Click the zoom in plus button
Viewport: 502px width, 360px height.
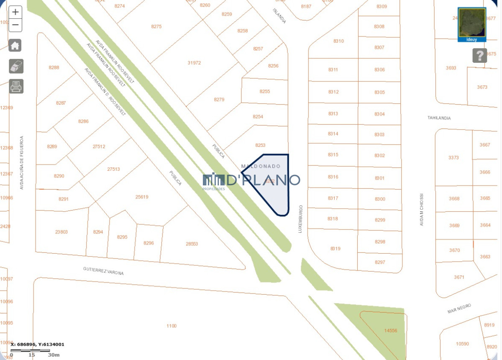[15, 12]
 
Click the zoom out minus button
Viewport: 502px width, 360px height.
[15, 25]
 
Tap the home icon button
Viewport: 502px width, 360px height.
[15, 45]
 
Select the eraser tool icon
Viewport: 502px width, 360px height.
[16, 66]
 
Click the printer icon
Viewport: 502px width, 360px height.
[16, 86]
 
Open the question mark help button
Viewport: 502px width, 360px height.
[479, 55]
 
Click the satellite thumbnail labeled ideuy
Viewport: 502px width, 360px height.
[472, 24]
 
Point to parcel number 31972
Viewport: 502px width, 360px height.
[194, 63]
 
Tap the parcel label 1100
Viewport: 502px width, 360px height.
[172, 326]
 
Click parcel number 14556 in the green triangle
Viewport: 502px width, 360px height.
[390, 330]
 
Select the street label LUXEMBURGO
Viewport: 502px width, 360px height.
[300, 219]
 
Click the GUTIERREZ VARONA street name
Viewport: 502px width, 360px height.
[103, 270]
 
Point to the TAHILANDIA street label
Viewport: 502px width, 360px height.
[439, 118]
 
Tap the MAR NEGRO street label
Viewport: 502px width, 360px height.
[459, 309]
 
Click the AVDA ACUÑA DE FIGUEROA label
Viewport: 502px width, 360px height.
[22, 162]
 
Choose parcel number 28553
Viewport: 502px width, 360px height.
[192, 244]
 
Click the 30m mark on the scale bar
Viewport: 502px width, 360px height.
[54, 355]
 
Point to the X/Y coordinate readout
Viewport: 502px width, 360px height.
[37, 345]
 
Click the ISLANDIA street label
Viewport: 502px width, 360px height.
[279, 15]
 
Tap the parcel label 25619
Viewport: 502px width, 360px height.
[142, 197]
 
